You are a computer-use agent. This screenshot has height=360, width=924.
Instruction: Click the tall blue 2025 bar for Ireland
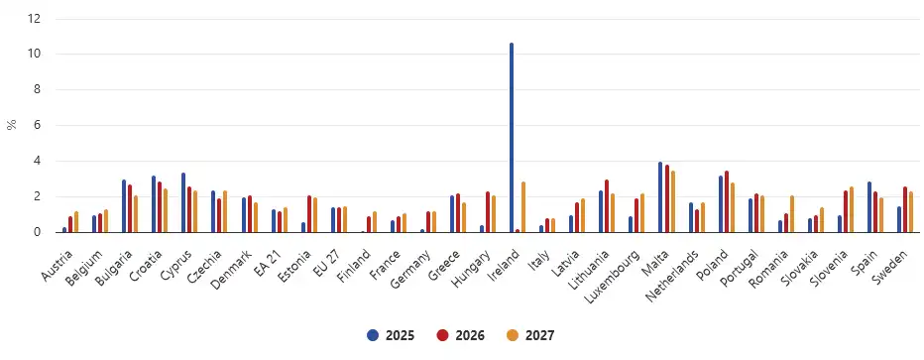point(512,138)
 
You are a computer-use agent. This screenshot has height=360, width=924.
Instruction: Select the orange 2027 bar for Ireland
point(523,207)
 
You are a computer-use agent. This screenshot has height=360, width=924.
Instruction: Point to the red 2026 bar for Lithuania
point(607,206)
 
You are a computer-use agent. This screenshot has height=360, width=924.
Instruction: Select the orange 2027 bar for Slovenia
point(851,209)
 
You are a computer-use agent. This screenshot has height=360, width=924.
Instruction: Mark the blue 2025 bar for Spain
point(869,207)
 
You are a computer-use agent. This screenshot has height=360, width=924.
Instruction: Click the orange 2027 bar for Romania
point(791,214)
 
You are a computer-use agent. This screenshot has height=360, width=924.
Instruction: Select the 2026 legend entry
point(461,335)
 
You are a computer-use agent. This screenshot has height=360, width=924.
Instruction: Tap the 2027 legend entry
point(532,335)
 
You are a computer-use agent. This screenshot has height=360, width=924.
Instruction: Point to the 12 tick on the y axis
point(36,19)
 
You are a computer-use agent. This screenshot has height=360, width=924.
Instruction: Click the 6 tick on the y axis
point(38,125)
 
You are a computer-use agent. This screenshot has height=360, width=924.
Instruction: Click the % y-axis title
point(11,125)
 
